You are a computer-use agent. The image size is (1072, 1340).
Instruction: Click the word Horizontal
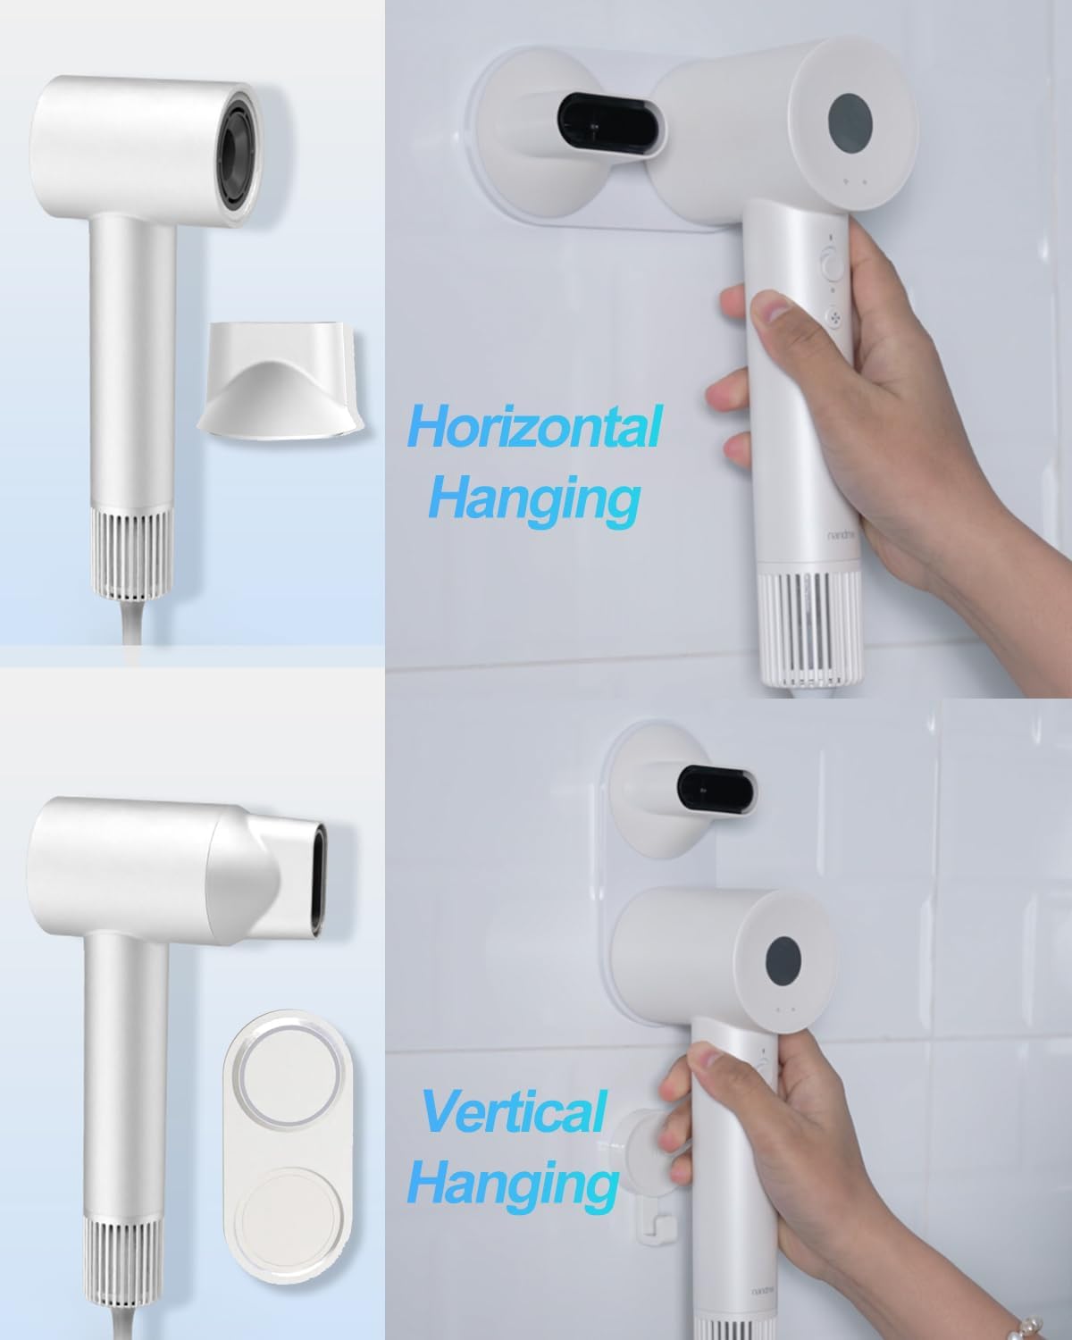click(535, 426)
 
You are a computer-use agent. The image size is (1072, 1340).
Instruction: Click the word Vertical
click(514, 1112)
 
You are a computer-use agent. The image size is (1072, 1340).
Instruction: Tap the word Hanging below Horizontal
click(534, 500)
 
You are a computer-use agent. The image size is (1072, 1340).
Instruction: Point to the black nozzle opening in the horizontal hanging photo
click(610, 124)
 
